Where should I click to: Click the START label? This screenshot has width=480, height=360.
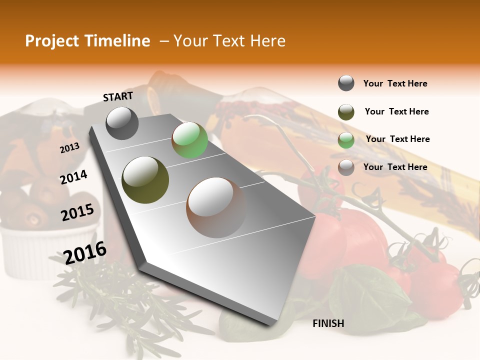[118, 96]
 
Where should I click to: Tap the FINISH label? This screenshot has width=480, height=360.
[328, 323]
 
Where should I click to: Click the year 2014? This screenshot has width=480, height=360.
[73, 177]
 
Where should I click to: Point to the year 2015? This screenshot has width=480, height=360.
[77, 212]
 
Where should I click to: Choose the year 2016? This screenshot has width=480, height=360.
[85, 252]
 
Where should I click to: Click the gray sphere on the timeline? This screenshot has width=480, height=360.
[122, 123]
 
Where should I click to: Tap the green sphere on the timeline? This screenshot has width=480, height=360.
[189, 140]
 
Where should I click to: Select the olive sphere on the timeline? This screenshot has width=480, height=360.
[145, 180]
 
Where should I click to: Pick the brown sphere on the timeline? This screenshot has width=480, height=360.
[215, 207]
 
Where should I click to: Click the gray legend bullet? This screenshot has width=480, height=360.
[346, 83]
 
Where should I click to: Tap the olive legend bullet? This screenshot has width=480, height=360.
[346, 112]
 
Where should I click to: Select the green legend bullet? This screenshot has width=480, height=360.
[346, 140]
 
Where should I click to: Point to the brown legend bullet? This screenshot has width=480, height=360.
[346, 167]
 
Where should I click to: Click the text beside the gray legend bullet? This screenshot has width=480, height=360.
[395, 83]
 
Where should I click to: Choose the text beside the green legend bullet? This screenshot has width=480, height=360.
[397, 139]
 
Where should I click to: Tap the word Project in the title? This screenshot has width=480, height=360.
[52, 41]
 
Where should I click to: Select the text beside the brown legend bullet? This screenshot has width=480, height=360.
[395, 167]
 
